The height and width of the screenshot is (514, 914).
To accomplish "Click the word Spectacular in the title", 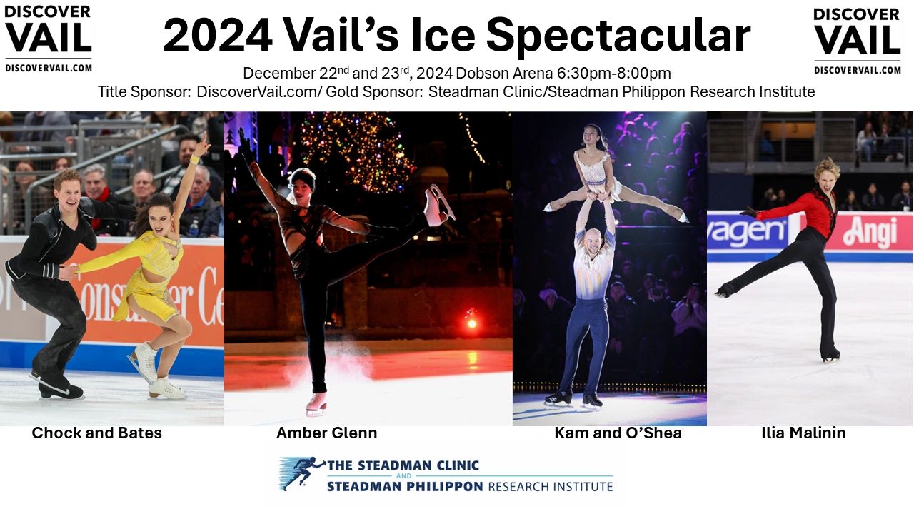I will click(618, 35).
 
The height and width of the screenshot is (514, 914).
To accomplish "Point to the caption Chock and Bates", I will click(97, 433).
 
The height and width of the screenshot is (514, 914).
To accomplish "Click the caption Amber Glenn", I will click(326, 433).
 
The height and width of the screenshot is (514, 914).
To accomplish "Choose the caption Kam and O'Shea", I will click(618, 433).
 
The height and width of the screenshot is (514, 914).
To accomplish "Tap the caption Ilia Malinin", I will click(803, 433).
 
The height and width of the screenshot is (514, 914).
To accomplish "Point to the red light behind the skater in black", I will click(471, 323).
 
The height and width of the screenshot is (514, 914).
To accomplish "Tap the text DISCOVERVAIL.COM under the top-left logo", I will click(48, 68).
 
